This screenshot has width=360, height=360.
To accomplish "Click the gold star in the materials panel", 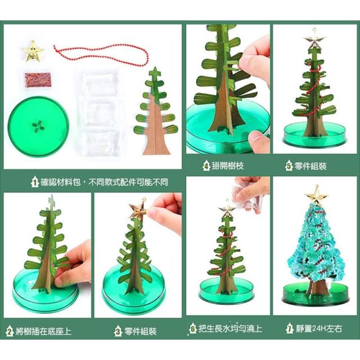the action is pos(33,51).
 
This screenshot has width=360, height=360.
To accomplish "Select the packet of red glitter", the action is pos(38,79).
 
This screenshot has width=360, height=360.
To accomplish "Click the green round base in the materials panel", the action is pos(38,127).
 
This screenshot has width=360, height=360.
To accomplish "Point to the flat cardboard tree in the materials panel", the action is pos(156,111).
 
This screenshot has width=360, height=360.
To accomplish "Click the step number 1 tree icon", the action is pos(35,182).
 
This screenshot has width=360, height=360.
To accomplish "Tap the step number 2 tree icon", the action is pos(10,331).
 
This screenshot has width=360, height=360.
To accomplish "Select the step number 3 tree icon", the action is pos(118,331).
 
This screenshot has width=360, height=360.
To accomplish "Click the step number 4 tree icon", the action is pos(206,165).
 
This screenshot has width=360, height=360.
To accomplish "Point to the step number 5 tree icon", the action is pos(289,165).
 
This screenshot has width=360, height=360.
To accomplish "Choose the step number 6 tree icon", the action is pos(193,328).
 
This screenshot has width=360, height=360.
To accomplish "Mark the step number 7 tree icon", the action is pos(290,328).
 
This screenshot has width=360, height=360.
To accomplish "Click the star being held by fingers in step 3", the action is pos(138,210).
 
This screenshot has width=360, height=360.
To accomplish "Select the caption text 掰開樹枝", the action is pos(228,165).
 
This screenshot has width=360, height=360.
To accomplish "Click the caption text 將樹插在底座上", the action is pos(44,331).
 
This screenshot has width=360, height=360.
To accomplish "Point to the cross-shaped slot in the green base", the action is pos(38,126).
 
